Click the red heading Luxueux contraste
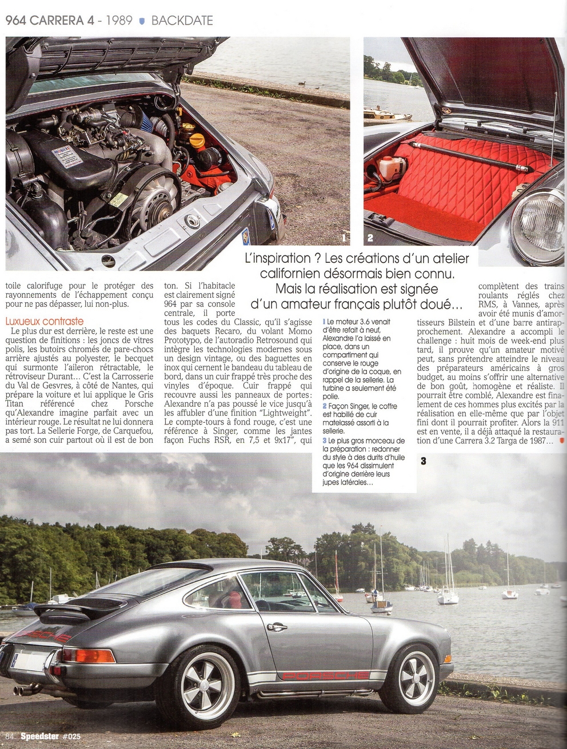point(45,322)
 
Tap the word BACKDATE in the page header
point(182,21)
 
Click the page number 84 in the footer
point(9,736)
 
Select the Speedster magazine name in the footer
point(35,736)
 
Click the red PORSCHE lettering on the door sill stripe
point(326,676)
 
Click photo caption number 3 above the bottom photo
point(424,460)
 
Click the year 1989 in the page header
point(117,21)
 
